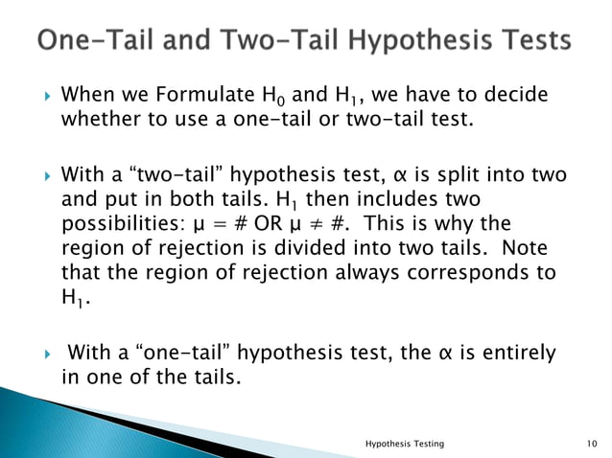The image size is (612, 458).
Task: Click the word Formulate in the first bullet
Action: pyautogui.click(x=181, y=97)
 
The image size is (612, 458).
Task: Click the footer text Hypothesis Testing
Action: pyautogui.click(x=405, y=443)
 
